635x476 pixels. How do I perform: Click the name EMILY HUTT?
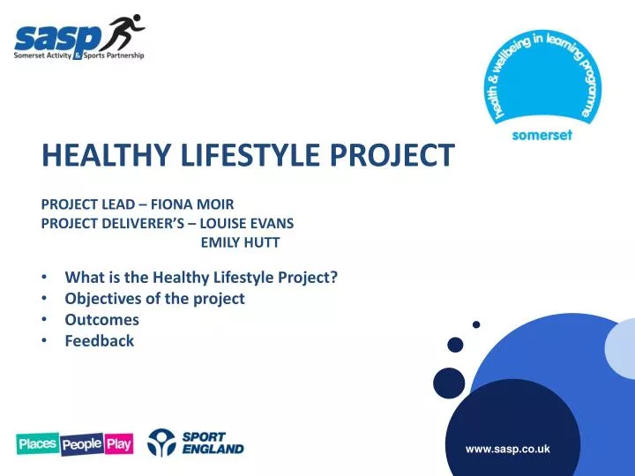coord(240,242)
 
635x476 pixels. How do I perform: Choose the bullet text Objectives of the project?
coord(154,298)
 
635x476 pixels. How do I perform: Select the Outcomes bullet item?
coord(101,319)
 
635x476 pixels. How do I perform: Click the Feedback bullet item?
coord(100,340)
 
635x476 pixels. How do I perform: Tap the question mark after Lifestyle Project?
coord(334,277)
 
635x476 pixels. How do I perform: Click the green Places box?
coord(37,444)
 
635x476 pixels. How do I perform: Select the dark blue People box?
coord(82,445)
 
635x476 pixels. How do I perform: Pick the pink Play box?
coord(118,444)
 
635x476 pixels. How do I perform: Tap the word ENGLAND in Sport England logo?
coord(213,449)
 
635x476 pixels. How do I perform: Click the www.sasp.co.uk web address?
coord(507,449)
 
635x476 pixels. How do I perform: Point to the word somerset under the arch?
coord(542,136)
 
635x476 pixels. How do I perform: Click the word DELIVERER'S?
coord(139,223)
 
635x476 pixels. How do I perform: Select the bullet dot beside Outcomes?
coord(45,320)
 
